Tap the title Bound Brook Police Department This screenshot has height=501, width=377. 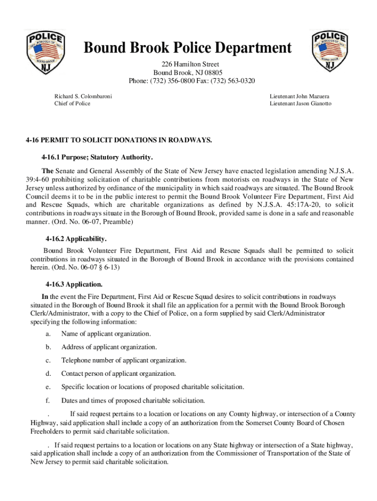[188, 49]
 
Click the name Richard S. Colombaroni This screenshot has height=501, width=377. [83, 96]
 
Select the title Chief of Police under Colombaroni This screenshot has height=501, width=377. [72, 104]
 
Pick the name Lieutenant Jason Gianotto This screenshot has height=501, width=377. [300, 104]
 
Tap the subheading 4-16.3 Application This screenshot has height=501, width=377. [74, 284]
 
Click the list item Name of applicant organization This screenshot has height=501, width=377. [106, 334]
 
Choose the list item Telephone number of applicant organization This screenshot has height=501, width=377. [123, 361]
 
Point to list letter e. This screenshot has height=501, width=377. [48, 387]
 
